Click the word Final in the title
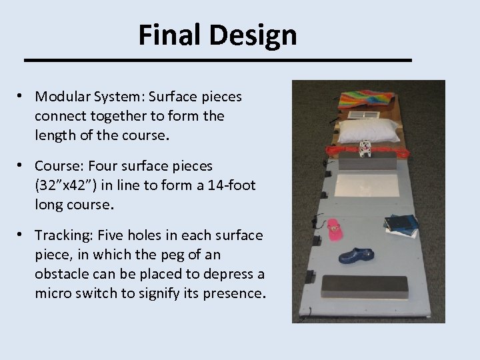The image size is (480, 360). point(161,35)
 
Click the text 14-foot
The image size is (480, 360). point(228,185)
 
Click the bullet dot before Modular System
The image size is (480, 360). point(22,97)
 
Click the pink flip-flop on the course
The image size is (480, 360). point(333,229)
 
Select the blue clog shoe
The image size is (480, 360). point(356,256)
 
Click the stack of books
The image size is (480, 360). point(403,225)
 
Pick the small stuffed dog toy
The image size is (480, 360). point(365,148)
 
